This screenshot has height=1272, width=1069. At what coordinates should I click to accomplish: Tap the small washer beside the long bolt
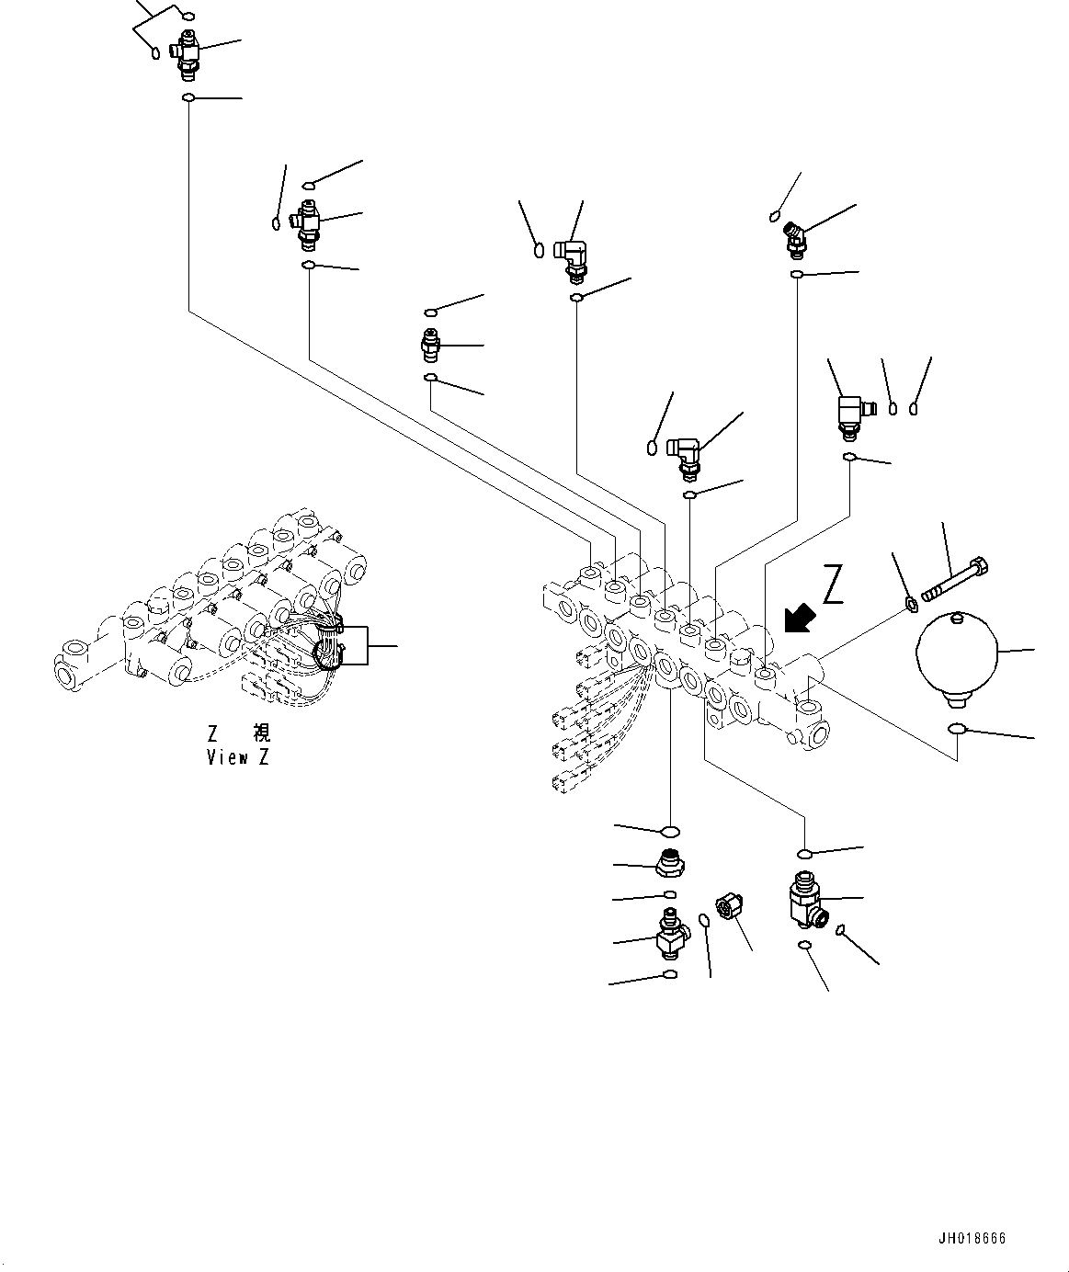coord(911,604)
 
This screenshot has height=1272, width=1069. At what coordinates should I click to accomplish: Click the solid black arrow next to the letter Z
coord(798,618)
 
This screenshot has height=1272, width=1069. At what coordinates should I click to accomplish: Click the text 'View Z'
coord(238,757)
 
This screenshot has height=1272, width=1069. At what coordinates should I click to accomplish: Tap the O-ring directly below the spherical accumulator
coord(957,730)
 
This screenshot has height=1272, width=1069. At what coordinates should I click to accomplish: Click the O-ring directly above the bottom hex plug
coord(671,832)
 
